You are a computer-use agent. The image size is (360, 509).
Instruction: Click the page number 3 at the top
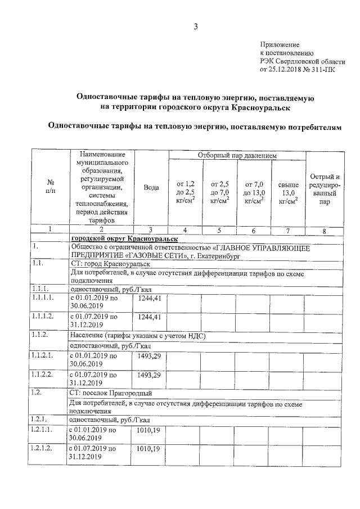(196, 26)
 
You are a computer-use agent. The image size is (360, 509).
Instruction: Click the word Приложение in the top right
(280, 44)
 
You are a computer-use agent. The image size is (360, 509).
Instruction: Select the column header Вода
(151, 188)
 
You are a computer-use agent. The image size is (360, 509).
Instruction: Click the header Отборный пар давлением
(237, 155)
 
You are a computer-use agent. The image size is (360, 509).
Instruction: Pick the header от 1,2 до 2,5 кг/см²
(186, 192)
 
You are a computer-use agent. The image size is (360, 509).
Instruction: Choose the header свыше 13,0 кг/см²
(288, 192)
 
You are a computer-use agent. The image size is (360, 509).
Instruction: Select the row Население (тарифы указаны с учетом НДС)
(137, 336)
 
